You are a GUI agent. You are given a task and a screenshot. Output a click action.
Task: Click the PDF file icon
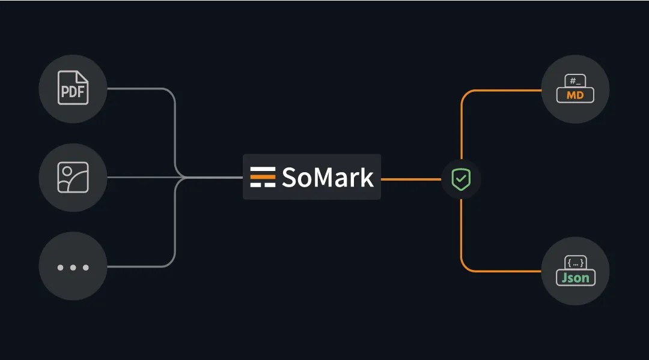point(73,88)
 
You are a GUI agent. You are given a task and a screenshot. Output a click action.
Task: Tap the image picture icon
point(73,178)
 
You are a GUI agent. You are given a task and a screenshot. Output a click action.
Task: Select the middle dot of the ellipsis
point(73,267)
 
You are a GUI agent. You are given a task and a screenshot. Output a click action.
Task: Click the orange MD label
point(575,95)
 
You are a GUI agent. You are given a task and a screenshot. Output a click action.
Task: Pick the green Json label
point(575,278)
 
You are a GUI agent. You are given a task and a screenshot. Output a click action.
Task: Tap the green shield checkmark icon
point(461,179)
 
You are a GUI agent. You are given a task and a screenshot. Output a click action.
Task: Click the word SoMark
point(328,178)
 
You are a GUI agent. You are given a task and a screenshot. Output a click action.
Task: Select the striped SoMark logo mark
point(263,177)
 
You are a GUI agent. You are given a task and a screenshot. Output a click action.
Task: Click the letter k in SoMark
point(367,177)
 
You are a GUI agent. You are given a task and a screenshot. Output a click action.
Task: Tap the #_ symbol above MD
point(575,80)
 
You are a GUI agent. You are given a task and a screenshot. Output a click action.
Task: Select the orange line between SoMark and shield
point(412,179)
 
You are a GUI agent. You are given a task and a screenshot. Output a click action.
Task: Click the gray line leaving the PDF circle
point(138,89)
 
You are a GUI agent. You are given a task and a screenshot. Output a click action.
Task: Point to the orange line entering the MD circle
point(511,91)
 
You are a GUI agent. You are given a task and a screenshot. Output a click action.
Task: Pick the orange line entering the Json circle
point(511,271)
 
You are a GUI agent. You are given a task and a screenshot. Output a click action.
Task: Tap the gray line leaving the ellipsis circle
point(138,266)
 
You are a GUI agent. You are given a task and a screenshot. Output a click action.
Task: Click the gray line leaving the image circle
point(138,178)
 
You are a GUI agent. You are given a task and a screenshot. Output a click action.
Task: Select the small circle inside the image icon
point(67,172)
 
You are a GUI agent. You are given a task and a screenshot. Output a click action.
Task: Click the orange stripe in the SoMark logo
point(263,177)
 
